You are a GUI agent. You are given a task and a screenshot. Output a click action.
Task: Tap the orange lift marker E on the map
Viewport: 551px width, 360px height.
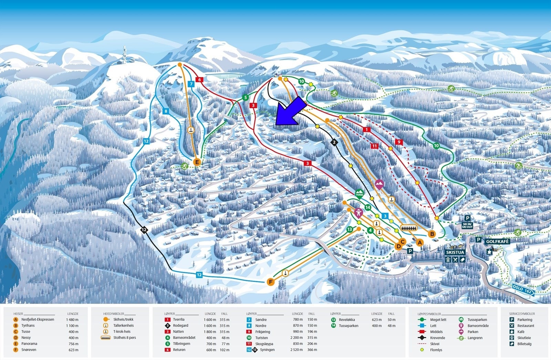(x=197, y=162)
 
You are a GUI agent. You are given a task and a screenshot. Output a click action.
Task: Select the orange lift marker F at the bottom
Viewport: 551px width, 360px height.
(x=271, y=282)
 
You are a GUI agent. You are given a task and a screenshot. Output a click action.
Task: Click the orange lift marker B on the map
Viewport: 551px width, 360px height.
(x=432, y=234)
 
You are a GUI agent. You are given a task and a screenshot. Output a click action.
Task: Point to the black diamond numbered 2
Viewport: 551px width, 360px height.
(x=333, y=142)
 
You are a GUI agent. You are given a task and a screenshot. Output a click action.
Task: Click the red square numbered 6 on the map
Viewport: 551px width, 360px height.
(x=199, y=80)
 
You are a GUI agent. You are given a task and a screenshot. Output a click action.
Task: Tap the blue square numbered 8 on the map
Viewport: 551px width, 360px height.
(x=166, y=111)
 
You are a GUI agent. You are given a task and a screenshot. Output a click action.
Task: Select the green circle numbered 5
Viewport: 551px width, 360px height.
(x=245, y=98)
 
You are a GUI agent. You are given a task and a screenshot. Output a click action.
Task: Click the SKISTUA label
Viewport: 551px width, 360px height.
(x=455, y=252)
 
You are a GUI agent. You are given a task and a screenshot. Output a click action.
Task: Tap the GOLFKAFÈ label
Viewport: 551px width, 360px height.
(x=497, y=242)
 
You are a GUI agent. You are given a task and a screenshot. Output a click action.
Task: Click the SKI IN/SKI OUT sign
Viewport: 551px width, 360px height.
(x=467, y=225)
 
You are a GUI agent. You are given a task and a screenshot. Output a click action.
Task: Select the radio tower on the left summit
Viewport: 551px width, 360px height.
(x=124, y=55)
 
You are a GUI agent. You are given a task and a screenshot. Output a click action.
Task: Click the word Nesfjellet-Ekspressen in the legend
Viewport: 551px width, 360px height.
(x=38, y=320)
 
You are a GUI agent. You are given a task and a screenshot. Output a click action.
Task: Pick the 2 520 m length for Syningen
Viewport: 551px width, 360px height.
(x=297, y=350)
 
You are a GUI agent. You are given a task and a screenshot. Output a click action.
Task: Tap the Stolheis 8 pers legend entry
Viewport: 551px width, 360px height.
(x=124, y=338)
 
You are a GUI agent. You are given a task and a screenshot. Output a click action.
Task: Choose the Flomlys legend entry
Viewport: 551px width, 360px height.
(x=436, y=350)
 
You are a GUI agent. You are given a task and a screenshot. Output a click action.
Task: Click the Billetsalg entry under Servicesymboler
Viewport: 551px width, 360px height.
(x=524, y=344)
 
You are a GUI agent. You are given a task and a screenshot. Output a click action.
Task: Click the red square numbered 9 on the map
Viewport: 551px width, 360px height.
(x=399, y=142)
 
